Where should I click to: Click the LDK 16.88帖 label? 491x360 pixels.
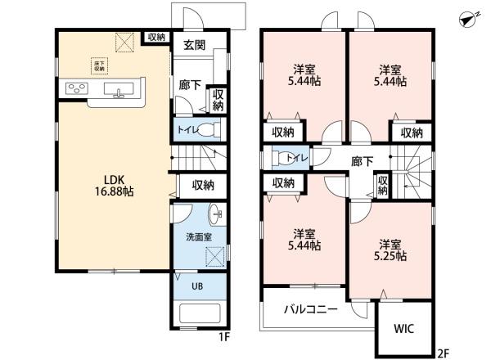click(x=115, y=186)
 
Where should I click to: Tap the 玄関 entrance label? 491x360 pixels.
click(x=195, y=45)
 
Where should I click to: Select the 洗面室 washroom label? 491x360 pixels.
click(x=199, y=237)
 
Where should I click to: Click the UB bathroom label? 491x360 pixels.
click(x=197, y=286)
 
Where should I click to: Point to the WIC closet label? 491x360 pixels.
click(x=403, y=329)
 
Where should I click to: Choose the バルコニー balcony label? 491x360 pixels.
click(x=311, y=309)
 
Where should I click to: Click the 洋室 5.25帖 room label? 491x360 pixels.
click(x=390, y=250)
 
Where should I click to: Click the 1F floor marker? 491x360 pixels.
click(x=224, y=337)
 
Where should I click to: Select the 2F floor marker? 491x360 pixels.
click(x=443, y=353)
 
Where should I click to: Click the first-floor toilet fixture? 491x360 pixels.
click(x=209, y=129)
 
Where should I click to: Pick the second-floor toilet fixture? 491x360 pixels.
click(x=284, y=157)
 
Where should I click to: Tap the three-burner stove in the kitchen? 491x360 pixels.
click(x=77, y=88)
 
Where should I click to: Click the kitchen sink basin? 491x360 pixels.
click(x=119, y=89)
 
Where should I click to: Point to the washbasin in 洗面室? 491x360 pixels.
click(x=217, y=214)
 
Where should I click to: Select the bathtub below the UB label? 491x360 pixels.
click(x=199, y=313)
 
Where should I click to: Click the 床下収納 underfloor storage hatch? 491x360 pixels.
click(x=100, y=65)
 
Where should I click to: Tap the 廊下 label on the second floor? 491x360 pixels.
click(x=362, y=161)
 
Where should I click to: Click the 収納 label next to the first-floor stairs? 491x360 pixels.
click(x=203, y=186)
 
